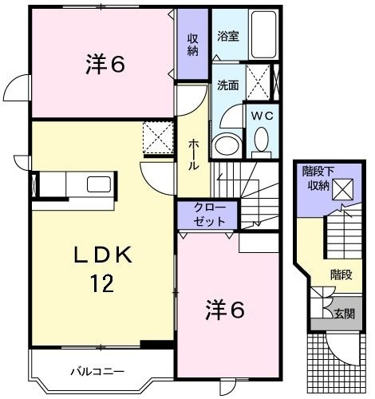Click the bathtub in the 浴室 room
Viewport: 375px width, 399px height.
tap(263, 34)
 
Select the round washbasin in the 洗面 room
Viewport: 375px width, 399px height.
tap(227, 145)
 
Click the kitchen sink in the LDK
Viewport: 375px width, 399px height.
tap(99, 184)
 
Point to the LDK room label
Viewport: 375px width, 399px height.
tap(103, 255)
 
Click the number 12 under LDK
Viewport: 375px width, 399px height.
tap(102, 283)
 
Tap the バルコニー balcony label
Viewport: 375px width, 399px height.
tap(97, 371)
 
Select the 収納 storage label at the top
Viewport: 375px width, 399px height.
tap(193, 45)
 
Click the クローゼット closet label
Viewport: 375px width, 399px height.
tap(209, 215)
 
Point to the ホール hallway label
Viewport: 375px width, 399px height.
tap(194, 156)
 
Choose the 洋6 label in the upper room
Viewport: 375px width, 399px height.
tap(105, 64)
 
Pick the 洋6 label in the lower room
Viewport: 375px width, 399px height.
tap(225, 310)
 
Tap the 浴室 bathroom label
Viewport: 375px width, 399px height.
tap(228, 37)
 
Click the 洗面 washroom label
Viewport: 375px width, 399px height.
tap(227, 85)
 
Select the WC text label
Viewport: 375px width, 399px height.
tap(262, 116)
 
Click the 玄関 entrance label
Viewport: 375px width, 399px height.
tap(345, 314)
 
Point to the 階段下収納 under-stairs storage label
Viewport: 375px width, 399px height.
tap(318, 178)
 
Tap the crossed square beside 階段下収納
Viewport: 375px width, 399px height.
tap(342, 189)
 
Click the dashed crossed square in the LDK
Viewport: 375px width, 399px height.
tap(158, 137)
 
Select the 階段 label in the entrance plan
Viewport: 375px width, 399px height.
tap(341, 275)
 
